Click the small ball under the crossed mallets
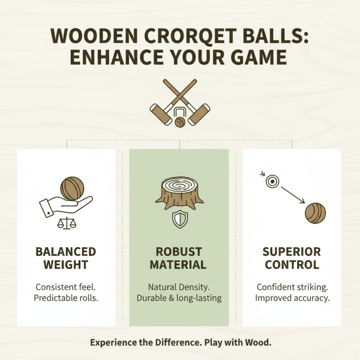[180, 121]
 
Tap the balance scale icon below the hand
[66, 223]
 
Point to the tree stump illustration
[180, 193]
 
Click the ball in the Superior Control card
[315, 213]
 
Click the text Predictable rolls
[66, 298]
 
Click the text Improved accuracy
[292, 298]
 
